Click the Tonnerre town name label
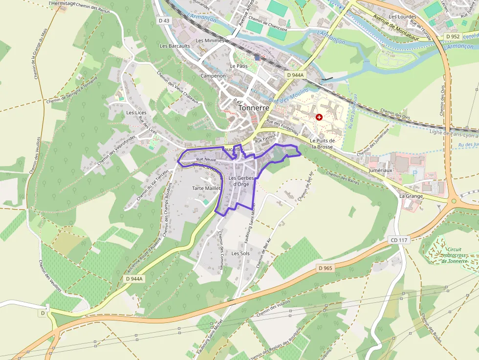point(254,108)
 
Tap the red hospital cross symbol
point(319,117)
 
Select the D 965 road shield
point(326,268)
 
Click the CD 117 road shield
point(399,240)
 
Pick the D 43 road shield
point(165,21)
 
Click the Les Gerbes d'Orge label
point(241,181)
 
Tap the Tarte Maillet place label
point(206,188)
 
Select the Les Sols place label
point(240,254)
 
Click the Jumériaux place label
point(381,170)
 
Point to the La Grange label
point(411,196)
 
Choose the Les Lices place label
point(136,112)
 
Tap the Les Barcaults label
point(174,46)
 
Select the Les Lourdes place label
point(399,17)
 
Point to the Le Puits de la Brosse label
point(321,144)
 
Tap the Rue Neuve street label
point(206,160)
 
